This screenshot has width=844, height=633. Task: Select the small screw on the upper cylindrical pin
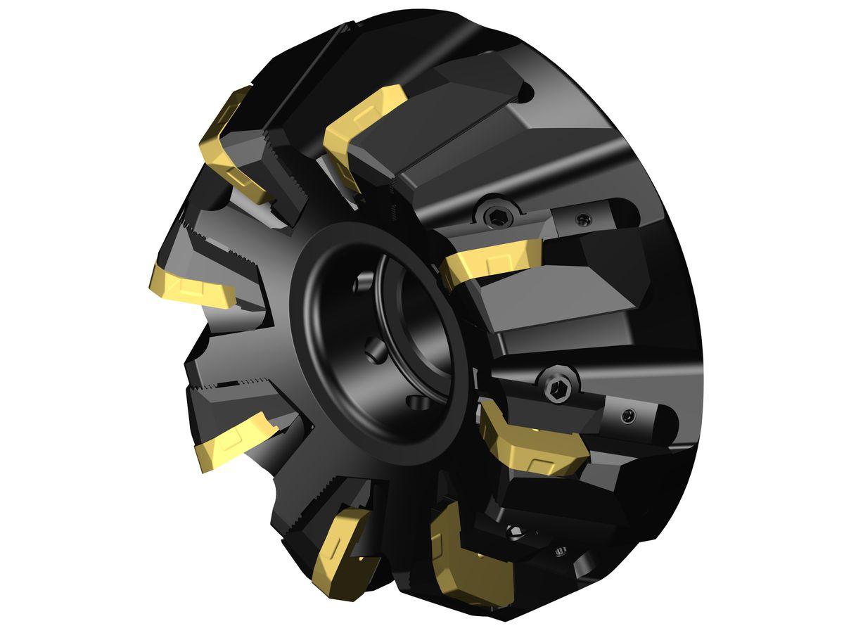point(583,220)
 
